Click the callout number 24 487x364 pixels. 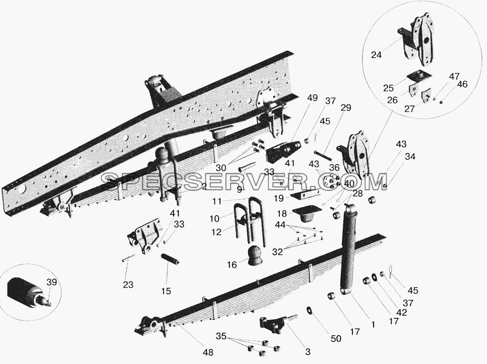pos(376,55)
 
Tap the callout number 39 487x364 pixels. pos(51,282)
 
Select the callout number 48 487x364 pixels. pos(208,352)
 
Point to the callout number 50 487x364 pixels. pos(336,338)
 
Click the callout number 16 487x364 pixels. pos(232,265)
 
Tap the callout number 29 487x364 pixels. pos(345,108)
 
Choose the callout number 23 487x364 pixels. pos(128,284)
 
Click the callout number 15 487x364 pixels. pos(166,291)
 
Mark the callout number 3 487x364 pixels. pos(308,352)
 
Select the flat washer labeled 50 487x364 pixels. pos(309,310)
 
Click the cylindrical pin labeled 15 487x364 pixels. pos(170,259)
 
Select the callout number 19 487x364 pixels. pos(278,197)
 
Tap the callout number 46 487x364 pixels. pos(462,84)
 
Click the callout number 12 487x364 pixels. pos(216,232)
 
